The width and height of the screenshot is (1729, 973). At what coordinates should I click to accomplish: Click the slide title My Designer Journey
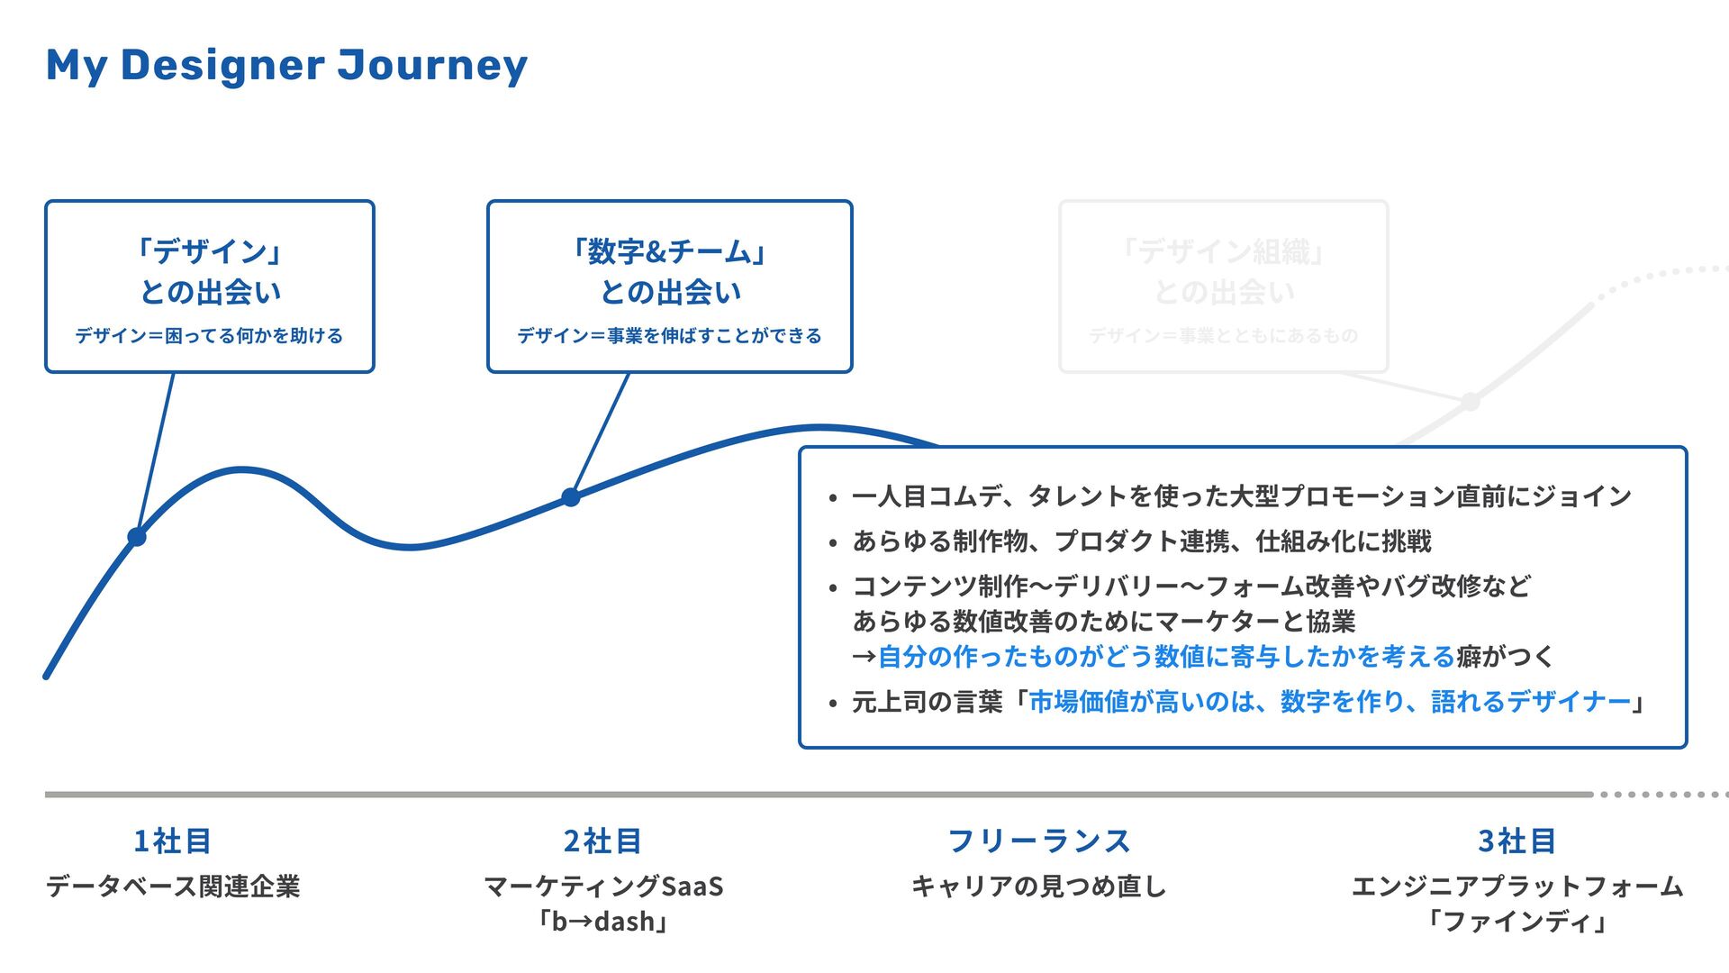tap(286, 66)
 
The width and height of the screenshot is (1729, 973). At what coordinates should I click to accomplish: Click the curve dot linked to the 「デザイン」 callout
tap(137, 537)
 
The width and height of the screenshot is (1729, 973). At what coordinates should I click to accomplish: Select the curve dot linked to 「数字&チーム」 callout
tap(571, 496)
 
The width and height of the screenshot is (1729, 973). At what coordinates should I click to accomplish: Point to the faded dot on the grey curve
tap(1470, 402)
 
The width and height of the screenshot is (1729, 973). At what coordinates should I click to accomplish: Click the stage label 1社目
tap(172, 841)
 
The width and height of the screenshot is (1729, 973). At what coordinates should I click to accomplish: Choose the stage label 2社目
tap(602, 841)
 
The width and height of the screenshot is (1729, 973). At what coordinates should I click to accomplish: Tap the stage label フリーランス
tap(1038, 841)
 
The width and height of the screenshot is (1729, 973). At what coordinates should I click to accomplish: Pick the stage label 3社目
tap(1517, 841)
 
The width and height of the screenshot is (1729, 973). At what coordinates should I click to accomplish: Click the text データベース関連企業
tap(172, 887)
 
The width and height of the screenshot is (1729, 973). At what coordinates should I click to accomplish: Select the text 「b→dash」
tap(602, 922)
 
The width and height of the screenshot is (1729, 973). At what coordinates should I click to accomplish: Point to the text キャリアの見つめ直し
tap(1038, 887)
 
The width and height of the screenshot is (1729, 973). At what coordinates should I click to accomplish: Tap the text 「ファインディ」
tap(1517, 922)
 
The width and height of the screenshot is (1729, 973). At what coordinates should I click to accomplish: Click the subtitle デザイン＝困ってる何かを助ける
tap(209, 336)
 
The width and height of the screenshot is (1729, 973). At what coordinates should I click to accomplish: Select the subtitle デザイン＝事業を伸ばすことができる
tap(669, 336)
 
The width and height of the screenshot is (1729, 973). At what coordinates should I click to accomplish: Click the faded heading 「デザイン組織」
tap(1224, 251)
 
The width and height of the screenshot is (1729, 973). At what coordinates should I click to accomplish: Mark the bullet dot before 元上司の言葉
tap(833, 704)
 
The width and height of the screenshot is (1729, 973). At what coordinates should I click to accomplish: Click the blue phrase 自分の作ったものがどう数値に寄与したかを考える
tap(1166, 657)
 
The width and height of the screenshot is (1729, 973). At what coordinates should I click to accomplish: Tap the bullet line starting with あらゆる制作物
tap(1141, 541)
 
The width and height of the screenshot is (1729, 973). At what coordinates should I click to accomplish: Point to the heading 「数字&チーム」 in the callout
tap(669, 251)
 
